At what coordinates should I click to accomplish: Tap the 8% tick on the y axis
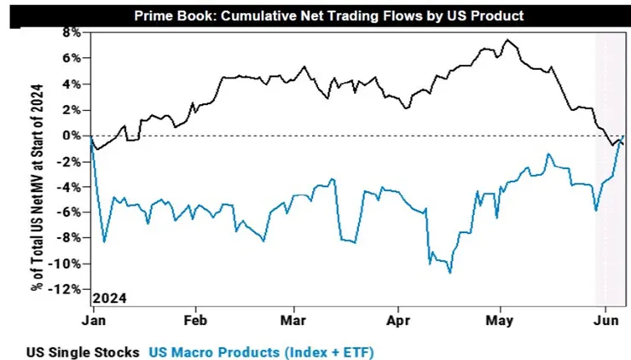[70, 32]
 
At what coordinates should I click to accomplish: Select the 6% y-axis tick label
[70, 58]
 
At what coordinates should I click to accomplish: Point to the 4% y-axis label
[70, 84]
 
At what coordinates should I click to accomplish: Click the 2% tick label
[70, 109]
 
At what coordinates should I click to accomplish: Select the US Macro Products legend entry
[262, 351]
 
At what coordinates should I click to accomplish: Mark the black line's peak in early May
[507, 40]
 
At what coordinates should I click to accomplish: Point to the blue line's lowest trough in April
[449, 272]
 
